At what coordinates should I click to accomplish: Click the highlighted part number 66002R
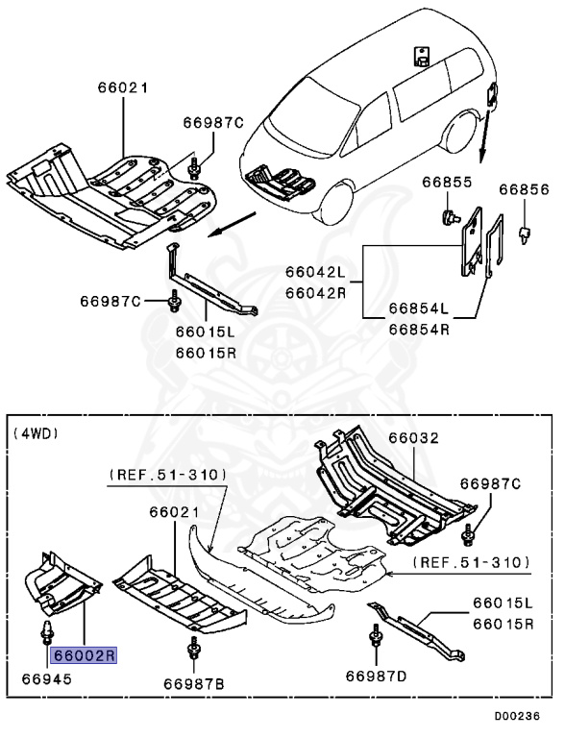[x=85, y=656]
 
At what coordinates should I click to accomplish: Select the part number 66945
[x=45, y=679]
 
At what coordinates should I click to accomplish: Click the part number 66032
[x=414, y=437]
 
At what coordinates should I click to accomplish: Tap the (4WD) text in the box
[x=37, y=433]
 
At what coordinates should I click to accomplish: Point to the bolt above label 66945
[x=46, y=633]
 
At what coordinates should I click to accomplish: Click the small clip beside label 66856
[x=525, y=232]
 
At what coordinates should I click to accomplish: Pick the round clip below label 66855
[x=447, y=214]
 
